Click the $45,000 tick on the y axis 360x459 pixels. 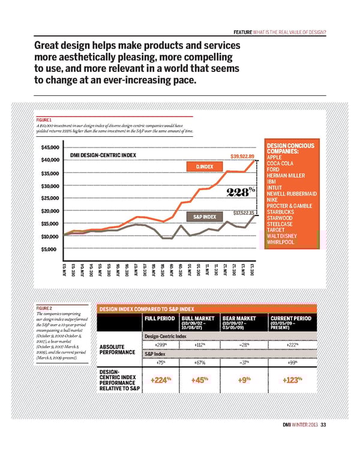tap(50, 148)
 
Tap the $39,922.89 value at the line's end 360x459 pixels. tap(244, 157)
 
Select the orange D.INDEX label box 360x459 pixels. tap(204, 166)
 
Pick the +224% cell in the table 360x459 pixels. tap(161, 380)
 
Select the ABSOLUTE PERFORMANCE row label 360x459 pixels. tap(117, 349)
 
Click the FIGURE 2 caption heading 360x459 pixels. tap(46, 308)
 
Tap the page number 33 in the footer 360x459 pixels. tap(324, 427)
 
